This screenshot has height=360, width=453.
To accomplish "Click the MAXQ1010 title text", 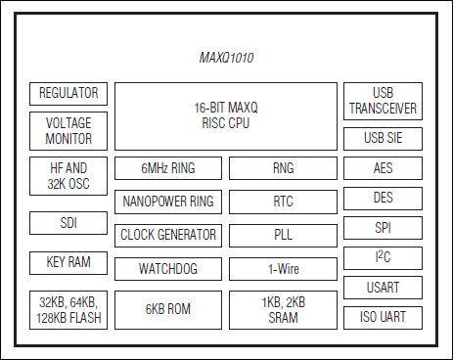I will (226, 59).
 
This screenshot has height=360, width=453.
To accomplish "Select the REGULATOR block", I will (68, 94).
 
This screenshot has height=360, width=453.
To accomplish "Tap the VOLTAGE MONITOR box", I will (68, 131).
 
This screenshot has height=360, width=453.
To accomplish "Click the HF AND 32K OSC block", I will (68, 176).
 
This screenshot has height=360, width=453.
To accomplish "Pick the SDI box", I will (68, 223).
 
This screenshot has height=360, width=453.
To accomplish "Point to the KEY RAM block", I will (68, 262).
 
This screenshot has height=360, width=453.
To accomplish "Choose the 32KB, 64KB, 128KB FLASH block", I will (68, 309).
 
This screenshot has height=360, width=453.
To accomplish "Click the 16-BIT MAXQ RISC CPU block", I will (226, 114).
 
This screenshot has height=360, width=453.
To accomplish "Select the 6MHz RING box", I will (168, 168).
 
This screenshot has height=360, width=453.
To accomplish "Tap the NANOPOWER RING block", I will (168, 202).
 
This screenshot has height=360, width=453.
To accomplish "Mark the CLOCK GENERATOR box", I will (168, 236).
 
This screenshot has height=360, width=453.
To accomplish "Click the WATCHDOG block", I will (168, 268).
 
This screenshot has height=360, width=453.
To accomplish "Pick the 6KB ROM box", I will (168, 309).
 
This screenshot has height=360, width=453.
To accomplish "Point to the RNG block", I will (284, 168).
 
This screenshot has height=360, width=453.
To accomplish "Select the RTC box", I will (284, 202).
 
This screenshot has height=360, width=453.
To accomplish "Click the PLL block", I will (284, 236).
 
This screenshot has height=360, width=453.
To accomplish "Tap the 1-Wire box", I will (284, 268).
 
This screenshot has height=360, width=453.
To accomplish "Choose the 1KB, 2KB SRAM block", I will (284, 309).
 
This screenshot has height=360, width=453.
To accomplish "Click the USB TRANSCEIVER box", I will (383, 102).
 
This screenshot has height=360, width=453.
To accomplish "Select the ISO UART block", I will (383, 317).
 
